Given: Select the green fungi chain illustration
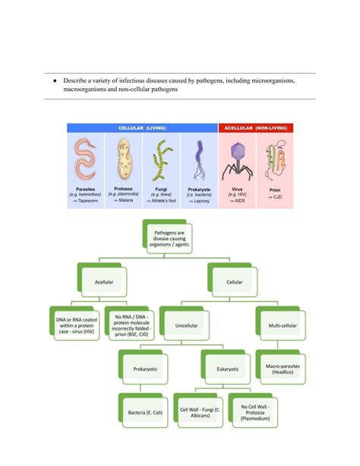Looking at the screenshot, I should click(161, 161).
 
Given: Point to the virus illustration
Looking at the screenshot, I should click(235, 161).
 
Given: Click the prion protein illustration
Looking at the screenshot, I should click(274, 161).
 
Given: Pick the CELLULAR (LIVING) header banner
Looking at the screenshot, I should click(142, 128).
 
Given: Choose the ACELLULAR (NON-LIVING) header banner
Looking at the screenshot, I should click(256, 128).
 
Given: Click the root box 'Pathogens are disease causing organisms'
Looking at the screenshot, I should click(174, 237).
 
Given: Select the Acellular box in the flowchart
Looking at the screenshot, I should click(103, 281).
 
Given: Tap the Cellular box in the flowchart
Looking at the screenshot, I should click(235, 281).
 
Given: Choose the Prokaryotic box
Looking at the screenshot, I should click(145, 369).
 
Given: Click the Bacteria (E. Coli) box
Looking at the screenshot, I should click(145, 413).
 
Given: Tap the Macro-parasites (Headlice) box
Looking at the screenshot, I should click(279, 369).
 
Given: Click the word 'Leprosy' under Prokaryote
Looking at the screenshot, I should click(201, 200).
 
